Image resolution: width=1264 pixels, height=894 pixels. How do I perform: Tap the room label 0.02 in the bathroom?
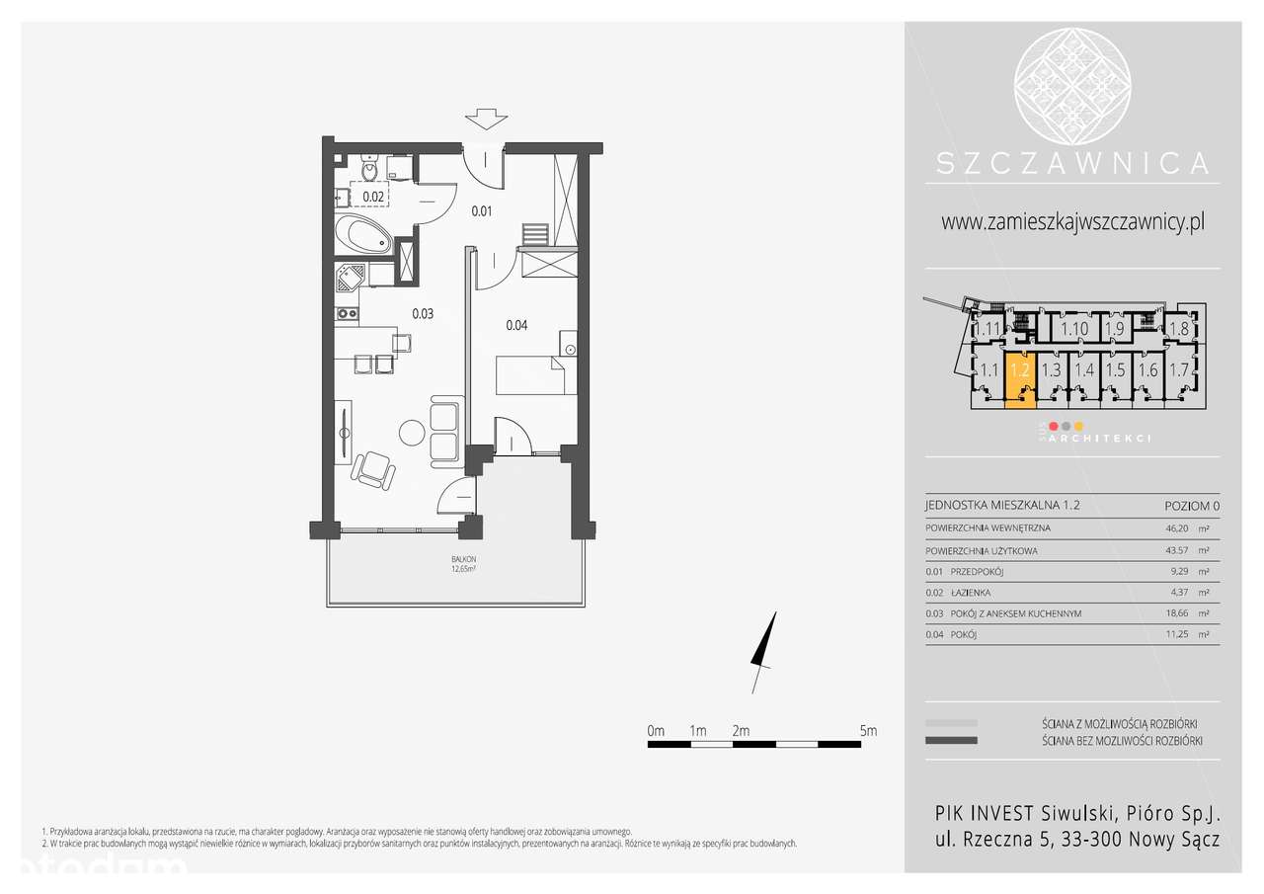pos(373,197)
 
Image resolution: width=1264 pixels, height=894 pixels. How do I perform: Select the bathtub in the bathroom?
pos(362,237)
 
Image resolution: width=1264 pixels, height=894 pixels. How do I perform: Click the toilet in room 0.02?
pos(369,171)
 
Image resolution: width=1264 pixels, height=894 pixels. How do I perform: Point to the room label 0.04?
pos(516,325)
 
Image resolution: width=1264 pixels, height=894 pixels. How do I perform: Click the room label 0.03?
pos(423,314)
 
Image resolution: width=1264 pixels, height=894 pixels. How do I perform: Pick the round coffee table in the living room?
pos(412,433)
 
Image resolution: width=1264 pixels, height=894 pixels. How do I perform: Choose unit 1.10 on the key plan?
pos(1074,329)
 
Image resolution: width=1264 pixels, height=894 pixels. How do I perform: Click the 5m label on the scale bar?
pos(868,731)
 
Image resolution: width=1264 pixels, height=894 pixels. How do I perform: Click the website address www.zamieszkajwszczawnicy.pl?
pos(1072,222)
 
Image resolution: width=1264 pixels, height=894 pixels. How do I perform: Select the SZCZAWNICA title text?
pos(1072,162)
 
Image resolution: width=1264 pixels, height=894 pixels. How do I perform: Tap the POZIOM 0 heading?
pos(1192,505)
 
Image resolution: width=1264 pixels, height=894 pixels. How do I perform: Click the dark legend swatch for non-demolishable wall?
pos(951,740)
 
